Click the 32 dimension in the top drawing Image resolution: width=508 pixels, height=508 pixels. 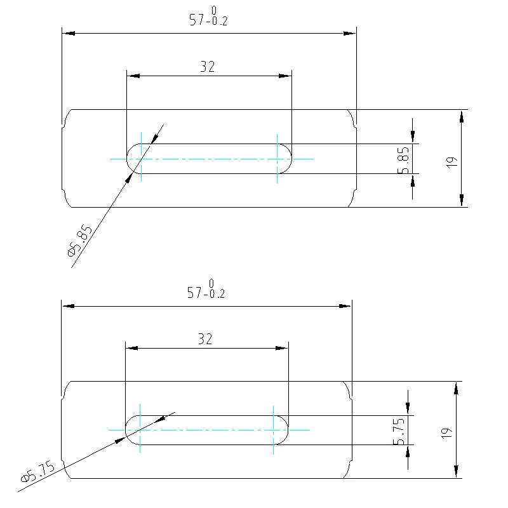point(208,67)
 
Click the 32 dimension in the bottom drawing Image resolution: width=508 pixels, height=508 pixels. point(205,339)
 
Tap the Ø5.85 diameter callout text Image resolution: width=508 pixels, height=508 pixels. point(80,240)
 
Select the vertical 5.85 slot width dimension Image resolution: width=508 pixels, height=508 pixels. point(403,161)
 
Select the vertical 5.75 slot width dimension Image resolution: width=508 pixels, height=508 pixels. point(399,432)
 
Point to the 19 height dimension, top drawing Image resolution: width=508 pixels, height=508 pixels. point(452,162)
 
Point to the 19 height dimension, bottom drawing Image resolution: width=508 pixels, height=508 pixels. point(447,434)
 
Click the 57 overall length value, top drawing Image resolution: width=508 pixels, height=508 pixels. point(197,20)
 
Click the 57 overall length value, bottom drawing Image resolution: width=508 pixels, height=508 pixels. point(195,293)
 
